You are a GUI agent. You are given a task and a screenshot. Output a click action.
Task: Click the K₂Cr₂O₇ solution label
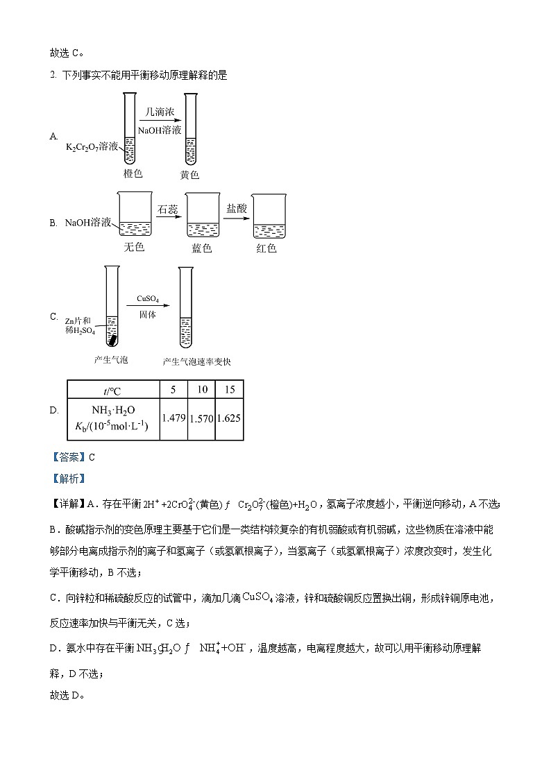(x=92, y=147)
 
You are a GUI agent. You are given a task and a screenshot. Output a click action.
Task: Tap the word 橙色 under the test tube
(x=133, y=173)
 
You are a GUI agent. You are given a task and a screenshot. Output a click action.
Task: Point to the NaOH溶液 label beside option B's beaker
(x=88, y=223)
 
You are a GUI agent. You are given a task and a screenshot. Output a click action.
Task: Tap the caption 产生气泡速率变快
(x=196, y=361)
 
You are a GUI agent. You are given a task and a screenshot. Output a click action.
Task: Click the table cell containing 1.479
(x=173, y=418)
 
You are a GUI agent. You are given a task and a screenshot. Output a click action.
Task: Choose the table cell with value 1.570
(x=201, y=418)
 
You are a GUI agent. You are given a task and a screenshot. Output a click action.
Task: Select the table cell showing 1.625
(x=229, y=418)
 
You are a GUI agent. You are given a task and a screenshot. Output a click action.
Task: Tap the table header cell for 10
(x=201, y=390)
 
